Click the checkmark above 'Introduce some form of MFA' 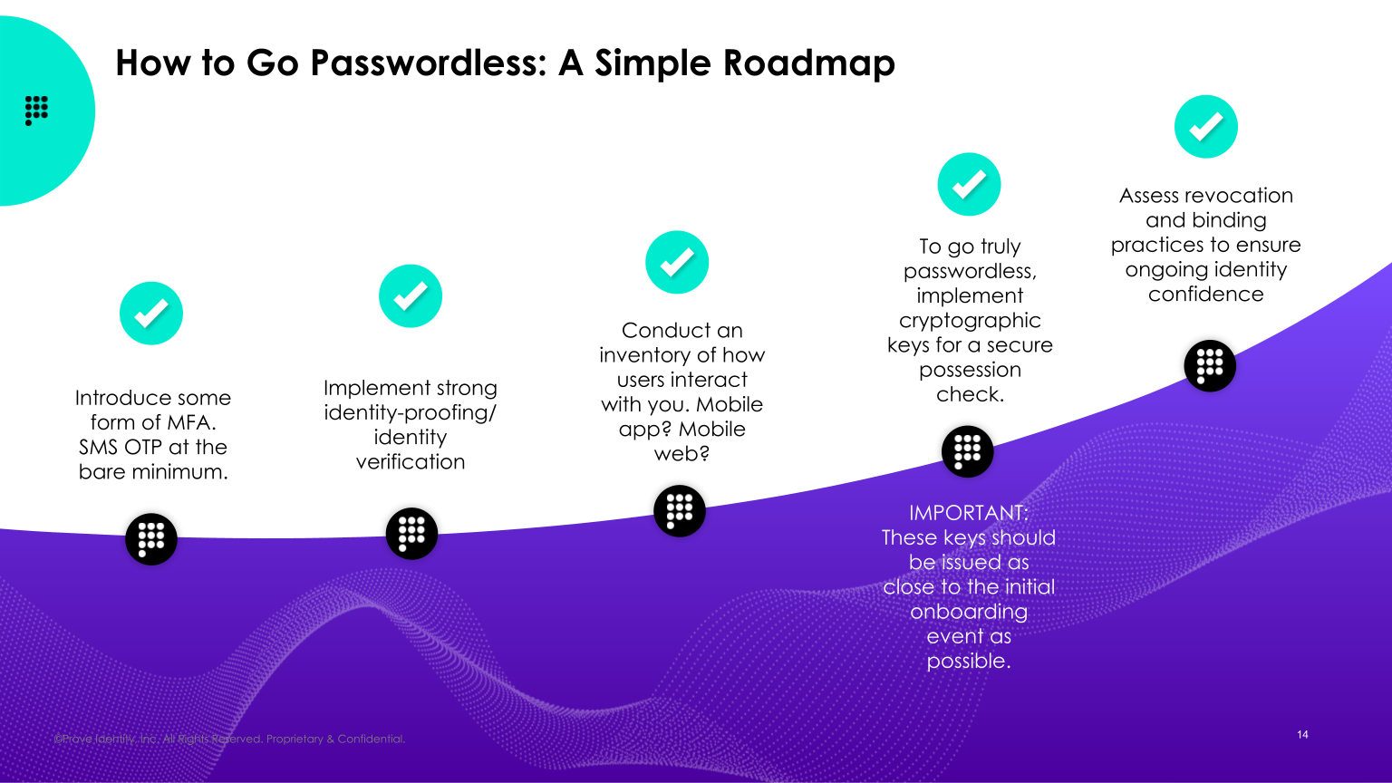pyautogui.click(x=151, y=314)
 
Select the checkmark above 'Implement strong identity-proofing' pyautogui.click(x=411, y=296)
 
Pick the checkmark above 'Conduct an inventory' pyautogui.click(x=677, y=263)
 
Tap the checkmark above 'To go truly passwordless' pyautogui.click(x=969, y=185)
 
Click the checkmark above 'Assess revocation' pyautogui.click(x=1206, y=127)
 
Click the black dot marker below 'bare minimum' pyautogui.click(x=151, y=539)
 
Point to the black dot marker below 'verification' pyautogui.click(x=411, y=533)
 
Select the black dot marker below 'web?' pyautogui.click(x=680, y=510)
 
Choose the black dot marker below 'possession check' pyautogui.click(x=968, y=451)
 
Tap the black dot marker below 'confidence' pyautogui.click(x=1210, y=366)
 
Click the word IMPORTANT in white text pyautogui.click(x=967, y=513)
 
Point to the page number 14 pyautogui.click(x=1302, y=735)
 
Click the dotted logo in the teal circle pyautogui.click(x=36, y=110)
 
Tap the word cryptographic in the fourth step pyautogui.click(x=970, y=321)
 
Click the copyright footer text pyautogui.click(x=229, y=739)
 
